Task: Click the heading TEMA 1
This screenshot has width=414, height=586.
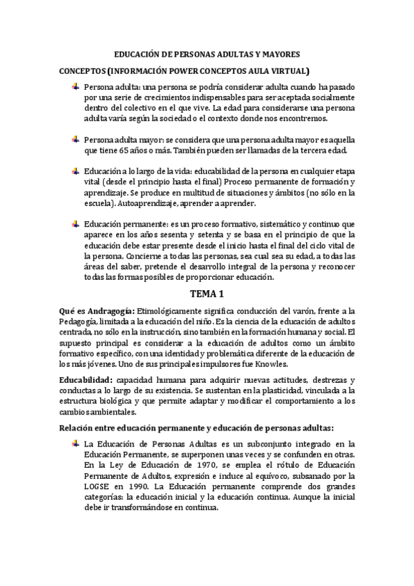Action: coord(208,294)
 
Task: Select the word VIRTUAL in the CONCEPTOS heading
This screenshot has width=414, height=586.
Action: coord(287,71)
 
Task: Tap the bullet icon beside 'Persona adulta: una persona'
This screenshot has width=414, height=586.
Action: coord(75,87)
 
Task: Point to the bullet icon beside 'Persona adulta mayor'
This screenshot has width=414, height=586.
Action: coord(75,140)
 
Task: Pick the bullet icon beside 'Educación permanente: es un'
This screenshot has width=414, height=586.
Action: coord(75,224)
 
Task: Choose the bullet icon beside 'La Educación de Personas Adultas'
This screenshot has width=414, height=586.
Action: coord(75,443)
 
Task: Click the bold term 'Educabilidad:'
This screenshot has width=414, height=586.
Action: coord(85,381)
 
